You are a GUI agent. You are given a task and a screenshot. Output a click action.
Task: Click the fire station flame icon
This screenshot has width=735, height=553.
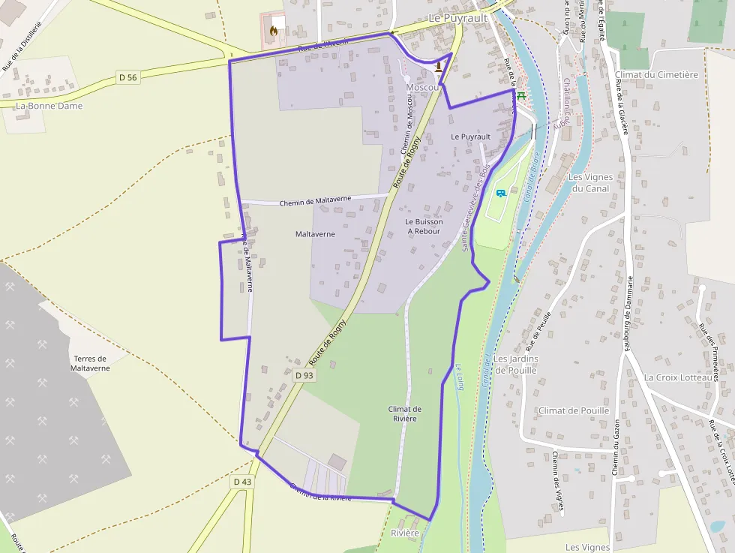pyautogui.click(x=274, y=32)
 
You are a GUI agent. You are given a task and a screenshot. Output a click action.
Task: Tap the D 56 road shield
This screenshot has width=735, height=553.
pyautogui.click(x=128, y=77)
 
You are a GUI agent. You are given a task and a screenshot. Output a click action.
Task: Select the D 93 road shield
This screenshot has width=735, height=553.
pyautogui.click(x=304, y=375)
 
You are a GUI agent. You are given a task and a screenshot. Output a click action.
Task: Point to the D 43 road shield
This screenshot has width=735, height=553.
pyautogui.click(x=242, y=482)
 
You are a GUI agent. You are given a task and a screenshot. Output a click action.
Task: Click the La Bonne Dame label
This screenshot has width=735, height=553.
pyautogui.click(x=49, y=106)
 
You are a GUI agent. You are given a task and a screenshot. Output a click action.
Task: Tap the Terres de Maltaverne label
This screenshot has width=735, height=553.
pyautogui.click(x=90, y=363)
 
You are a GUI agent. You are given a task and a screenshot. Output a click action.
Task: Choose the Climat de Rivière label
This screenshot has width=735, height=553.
pyautogui.click(x=405, y=413)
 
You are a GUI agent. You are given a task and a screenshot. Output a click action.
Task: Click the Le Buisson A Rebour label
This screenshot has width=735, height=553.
pyautogui.click(x=424, y=227)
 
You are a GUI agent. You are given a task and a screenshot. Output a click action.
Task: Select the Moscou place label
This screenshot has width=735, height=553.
pyautogui.click(x=422, y=88)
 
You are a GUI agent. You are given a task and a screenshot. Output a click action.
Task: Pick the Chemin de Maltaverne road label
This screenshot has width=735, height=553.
pyautogui.click(x=315, y=202)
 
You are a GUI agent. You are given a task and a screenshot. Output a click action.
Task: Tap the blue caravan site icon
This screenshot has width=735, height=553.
pyautogui.click(x=501, y=193)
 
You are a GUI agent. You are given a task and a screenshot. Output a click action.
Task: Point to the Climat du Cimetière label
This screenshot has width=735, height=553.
pyautogui.click(x=656, y=75)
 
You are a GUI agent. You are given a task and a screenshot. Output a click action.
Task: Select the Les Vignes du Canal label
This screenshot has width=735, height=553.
pyautogui.click(x=591, y=183)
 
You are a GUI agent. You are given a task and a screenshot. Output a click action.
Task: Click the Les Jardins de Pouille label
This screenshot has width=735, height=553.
pyautogui.click(x=516, y=364)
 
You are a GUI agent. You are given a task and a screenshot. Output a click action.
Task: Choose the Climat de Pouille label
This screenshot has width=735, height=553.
pyautogui.click(x=574, y=410)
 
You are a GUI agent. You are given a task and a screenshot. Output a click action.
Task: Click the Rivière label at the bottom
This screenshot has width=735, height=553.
pyautogui.click(x=405, y=533)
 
